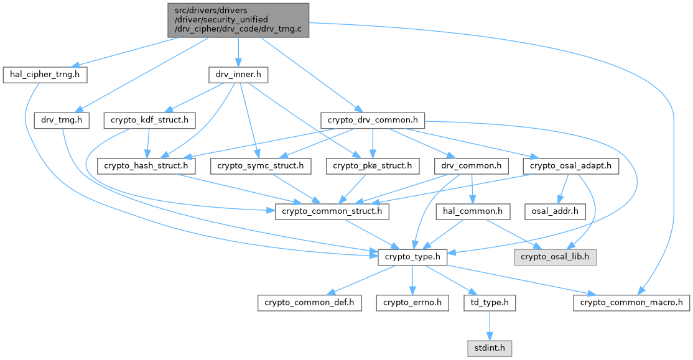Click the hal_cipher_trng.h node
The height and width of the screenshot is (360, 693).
pos(45,74)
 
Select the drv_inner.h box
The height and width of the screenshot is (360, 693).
pos(238,74)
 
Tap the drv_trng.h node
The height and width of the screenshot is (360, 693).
pos(62,120)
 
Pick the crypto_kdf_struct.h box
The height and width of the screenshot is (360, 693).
pos(149,120)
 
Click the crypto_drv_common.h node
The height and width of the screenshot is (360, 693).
pos(373,120)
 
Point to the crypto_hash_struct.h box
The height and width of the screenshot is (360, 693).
pos(146,165)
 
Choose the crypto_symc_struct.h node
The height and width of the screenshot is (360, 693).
pos(260,165)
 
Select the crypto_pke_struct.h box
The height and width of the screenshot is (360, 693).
pos(372,165)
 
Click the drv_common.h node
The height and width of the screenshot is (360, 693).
pos(471,165)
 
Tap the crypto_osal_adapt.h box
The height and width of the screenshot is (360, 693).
pos(570,165)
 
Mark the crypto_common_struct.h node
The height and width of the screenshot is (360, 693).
pos(332,211)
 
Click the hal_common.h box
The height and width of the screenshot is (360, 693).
pos(472,211)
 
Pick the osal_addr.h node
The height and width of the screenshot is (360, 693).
pos(555,211)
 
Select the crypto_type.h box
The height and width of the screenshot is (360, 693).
pos(412,257)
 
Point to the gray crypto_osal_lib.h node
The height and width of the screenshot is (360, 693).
pos(555,257)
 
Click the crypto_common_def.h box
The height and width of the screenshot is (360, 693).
pos(309,303)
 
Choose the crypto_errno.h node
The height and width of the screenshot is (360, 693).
pos(412,303)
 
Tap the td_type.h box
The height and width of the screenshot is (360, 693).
pos(490,303)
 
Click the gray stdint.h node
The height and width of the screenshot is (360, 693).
pos(490,348)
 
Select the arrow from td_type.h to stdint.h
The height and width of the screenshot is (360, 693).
pos(490,326)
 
